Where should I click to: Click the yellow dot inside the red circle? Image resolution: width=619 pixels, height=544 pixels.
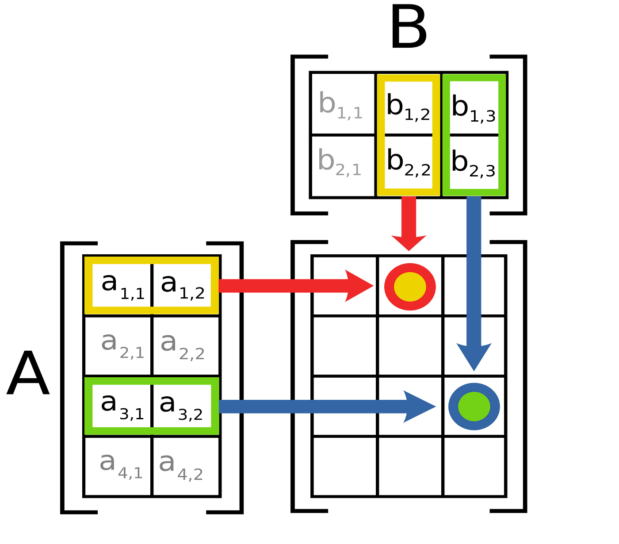410,287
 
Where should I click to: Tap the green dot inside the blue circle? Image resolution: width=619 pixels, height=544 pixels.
474,406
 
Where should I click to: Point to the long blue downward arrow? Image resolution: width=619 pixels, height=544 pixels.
474,283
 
